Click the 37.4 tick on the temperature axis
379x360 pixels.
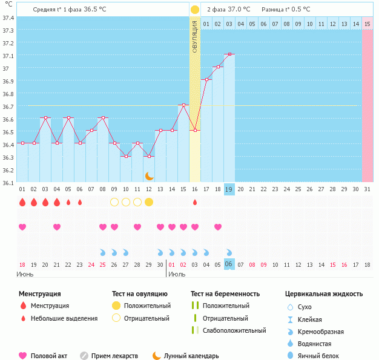click(x=8, y=18)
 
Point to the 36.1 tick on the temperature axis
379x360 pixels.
click(x=8, y=183)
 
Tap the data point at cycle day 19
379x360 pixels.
click(x=229, y=54)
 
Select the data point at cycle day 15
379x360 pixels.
click(x=183, y=105)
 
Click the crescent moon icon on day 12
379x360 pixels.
click(x=149, y=175)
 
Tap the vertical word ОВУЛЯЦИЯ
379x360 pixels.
click(x=195, y=37)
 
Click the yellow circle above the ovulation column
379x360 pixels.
click(x=195, y=10)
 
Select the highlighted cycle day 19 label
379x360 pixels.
click(x=229, y=189)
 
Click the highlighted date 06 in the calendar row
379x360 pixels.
click(x=229, y=264)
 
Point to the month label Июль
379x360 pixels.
click(x=176, y=275)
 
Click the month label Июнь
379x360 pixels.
click(x=25, y=275)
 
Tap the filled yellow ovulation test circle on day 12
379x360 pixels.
click(x=149, y=202)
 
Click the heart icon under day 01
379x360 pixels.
click(x=22, y=227)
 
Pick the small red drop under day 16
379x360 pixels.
click(x=195, y=202)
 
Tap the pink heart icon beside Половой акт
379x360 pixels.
click(x=23, y=356)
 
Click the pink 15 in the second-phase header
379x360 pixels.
click(x=367, y=24)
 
